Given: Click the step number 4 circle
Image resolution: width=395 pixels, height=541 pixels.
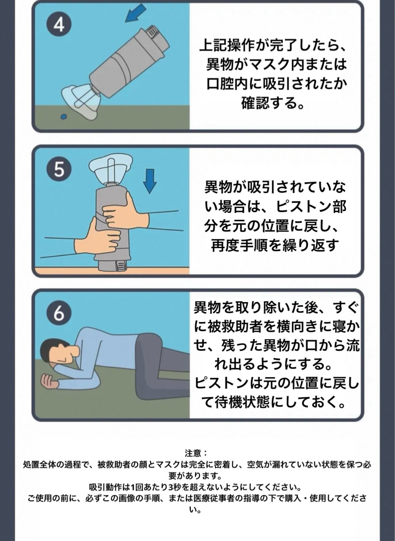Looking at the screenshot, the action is tap(59, 25).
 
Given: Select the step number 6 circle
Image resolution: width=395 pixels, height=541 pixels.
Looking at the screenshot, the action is tap(59, 313).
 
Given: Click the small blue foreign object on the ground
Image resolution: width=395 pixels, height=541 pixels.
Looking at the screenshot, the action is tap(64, 116).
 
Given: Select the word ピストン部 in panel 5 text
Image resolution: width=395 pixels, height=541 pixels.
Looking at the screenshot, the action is tap(311, 207).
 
